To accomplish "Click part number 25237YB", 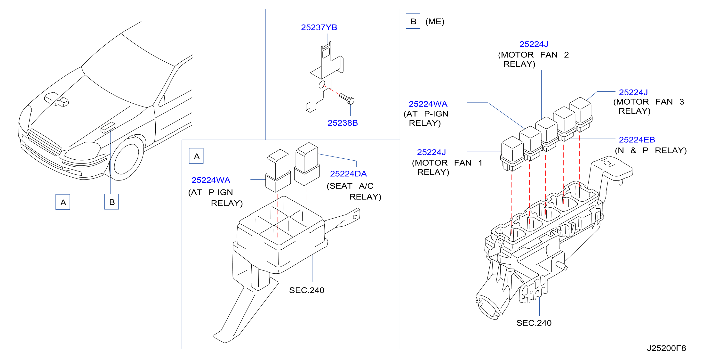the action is pyautogui.click(x=319, y=27).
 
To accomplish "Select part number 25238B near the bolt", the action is pyautogui.click(x=343, y=123).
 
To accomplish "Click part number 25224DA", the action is pyautogui.click(x=348, y=174).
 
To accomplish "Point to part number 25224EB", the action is pyautogui.click(x=637, y=139).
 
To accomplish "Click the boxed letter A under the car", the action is pyautogui.click(x=63, y=202).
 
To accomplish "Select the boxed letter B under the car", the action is pyautogui.click(x=112, y=202).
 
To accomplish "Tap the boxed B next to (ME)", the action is pyautogui.click(x=413, y=21).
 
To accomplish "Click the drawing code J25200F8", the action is pyautogui.click(x=666, y=348).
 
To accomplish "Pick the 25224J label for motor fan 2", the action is pyautogui.click(x=534, y=44).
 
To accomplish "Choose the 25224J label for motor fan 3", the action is pyautogui.click(x=633, y=92).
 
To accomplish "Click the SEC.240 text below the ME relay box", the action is pyautogui.click(x=534, y=323).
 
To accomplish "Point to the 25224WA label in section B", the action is pyautogui.click(x=428, y=104).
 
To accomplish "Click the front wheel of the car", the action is pyautogui.click(x=127, y=159).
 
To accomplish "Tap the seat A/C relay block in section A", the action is pyautogui.click(x=307, y=164).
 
